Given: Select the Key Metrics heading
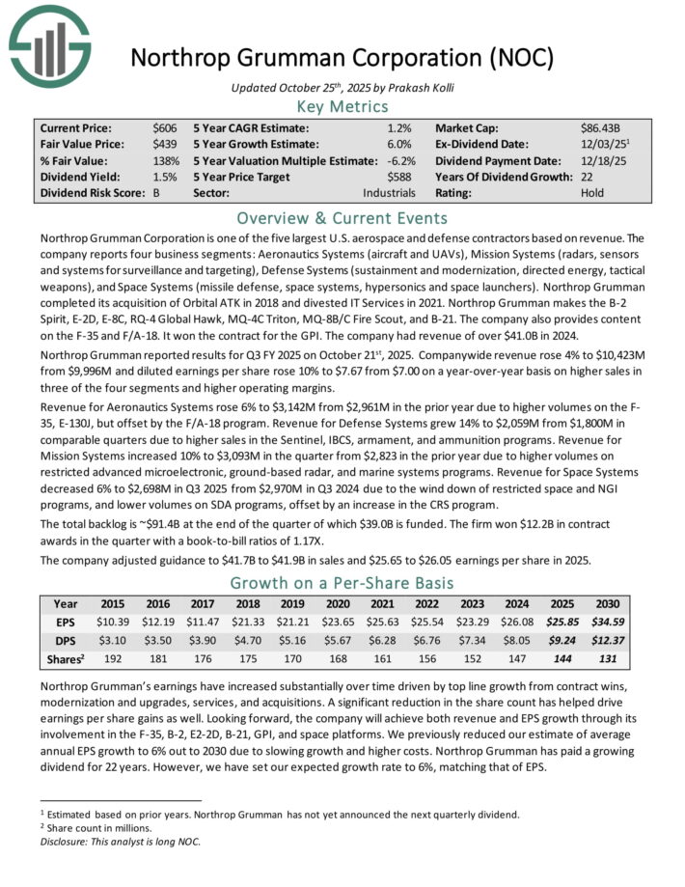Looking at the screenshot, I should (x=342, y=106).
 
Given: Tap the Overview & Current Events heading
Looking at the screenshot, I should (x=342, y=216).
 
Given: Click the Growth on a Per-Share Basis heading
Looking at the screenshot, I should (x=342, y=583).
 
